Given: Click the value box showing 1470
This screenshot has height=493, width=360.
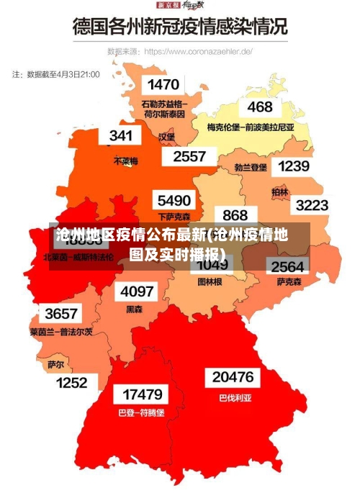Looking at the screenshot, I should point(163,85).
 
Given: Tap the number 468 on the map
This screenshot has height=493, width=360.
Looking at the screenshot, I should point(260,107).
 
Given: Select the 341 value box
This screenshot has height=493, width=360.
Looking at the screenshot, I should point(120,135).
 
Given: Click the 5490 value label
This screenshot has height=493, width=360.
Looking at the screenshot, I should point(174,200).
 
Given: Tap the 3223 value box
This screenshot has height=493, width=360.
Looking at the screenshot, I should point(312,205).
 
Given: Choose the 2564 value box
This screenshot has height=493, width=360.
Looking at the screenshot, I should point(287,266).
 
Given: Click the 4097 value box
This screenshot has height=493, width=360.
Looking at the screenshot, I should point(137,291).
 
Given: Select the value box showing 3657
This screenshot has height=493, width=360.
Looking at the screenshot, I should point(61,314).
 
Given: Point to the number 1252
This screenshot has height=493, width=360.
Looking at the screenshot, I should point(72,383).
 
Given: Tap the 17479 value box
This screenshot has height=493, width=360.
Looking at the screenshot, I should point(142,394).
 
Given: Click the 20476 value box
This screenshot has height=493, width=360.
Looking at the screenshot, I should point(233,377).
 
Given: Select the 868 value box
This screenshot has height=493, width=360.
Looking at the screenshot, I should point(235,214).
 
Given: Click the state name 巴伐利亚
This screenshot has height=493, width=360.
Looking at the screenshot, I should point(235,397).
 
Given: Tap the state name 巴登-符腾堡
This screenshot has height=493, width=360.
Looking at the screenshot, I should point(141,413).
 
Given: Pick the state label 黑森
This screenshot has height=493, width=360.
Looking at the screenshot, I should point(135,309).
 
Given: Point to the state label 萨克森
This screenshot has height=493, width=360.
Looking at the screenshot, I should point(289,282).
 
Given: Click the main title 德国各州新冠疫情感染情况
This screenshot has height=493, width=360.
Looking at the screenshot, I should point(179,27).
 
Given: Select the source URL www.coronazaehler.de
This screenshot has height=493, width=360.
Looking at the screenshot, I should point(198,52).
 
